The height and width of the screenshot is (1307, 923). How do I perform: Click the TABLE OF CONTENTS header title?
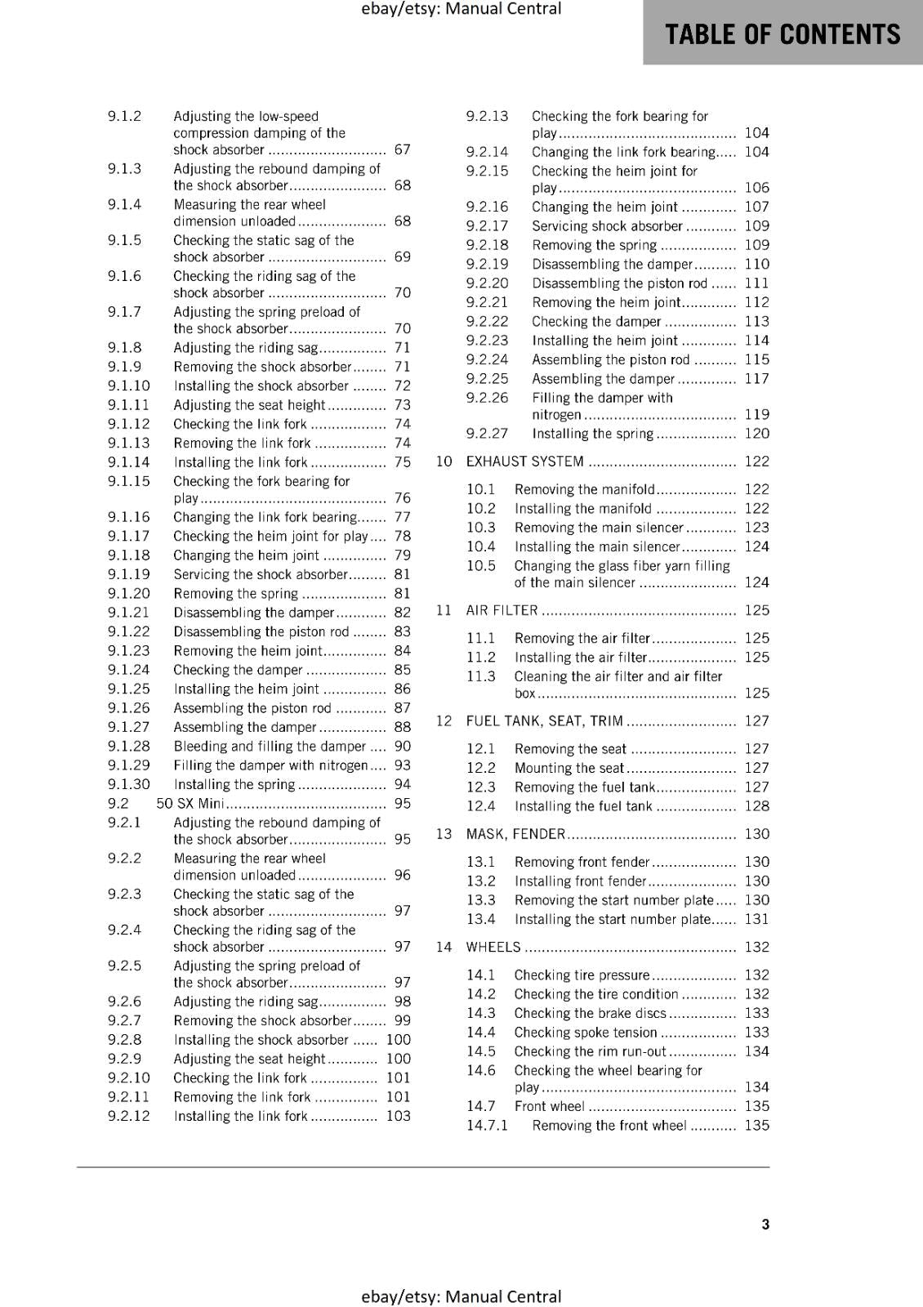click(782, 34)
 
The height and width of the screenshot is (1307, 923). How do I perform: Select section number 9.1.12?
click(129, 424)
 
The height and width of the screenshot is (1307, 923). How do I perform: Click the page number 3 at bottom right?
click(765, 1224)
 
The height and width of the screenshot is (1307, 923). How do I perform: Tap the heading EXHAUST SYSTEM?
click(524, 462)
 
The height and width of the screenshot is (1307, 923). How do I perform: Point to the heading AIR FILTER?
click(502, 610)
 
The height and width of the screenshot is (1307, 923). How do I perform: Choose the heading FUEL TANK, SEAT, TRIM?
click(544, 720)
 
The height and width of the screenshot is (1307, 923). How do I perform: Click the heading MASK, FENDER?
click(515, 834)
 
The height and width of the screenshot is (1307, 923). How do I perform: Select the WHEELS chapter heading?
click(493, 947)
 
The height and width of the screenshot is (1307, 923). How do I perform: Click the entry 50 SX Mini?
click(190, 803)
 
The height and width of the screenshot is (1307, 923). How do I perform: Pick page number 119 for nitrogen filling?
click(756, 414)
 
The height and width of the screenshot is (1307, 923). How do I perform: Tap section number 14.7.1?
click(487, 1125)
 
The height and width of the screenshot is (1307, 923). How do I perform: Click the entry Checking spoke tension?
click(585, 1033)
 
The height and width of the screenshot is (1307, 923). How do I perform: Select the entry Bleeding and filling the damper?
click(270, 746)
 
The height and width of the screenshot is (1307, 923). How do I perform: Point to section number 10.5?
click(481, 566)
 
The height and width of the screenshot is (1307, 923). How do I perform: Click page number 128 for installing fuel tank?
click(756, 806)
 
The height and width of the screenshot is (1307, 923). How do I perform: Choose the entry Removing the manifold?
click(584, 489)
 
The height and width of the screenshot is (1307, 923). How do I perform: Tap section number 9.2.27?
click(487, 434)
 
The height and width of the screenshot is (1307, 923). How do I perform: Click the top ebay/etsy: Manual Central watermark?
click(461, 9)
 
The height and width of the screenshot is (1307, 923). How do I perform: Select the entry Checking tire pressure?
click(582, 975)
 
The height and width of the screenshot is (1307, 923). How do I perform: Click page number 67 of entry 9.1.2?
click(402, 149)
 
